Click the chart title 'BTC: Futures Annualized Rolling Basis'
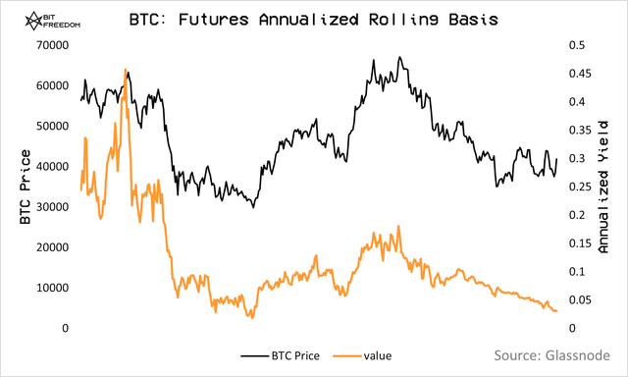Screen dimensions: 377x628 click(313, 19)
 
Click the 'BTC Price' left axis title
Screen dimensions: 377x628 click(25, 187)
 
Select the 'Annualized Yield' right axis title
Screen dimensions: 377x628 click(603, 187)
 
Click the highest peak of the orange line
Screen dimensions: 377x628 click(126, 70)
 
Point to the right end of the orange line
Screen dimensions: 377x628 click(556, 311)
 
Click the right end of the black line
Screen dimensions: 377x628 click(556, 159)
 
